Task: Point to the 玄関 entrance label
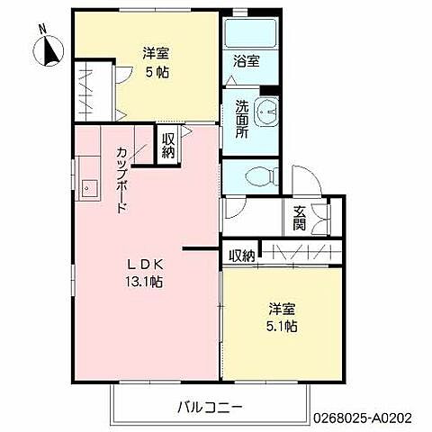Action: [298, 217]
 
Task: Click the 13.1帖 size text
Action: [143, 281]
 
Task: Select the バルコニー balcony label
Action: [209, 407]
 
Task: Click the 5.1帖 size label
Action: [281, 327]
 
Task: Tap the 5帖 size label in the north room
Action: [156, 71]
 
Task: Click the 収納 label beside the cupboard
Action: [168, 146]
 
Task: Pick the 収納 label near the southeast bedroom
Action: [241, 256]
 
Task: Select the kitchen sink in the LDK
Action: [90, 188]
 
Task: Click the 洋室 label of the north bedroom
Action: [155, 53]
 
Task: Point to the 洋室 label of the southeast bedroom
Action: [281, 310]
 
